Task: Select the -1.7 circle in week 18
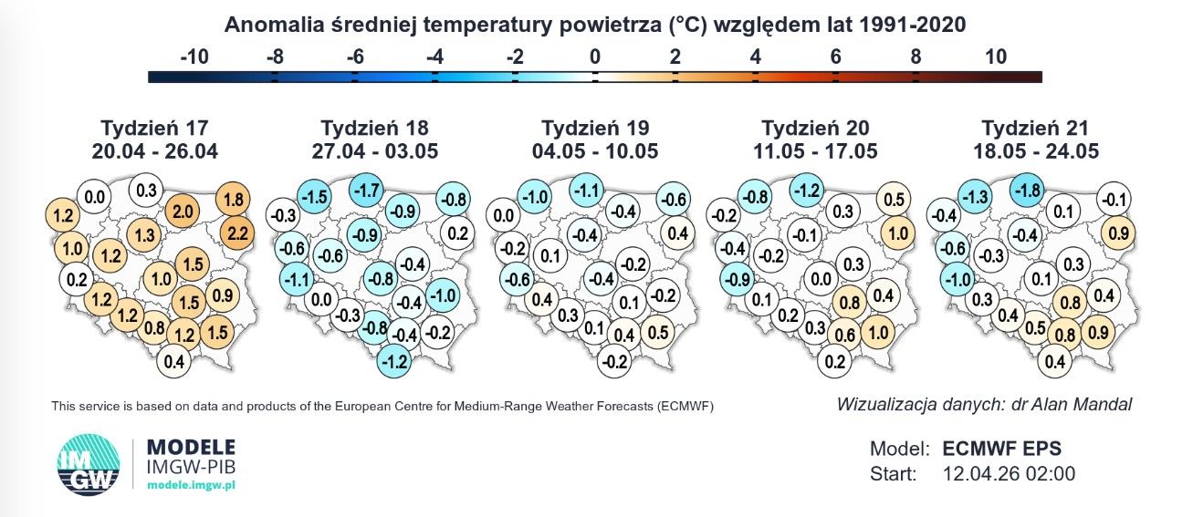pyautogui.click(x=367, y=191)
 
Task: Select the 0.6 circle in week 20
pyautogui.click(x=845, y=336)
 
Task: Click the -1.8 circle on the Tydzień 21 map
pyautogui.click(x=1029, y=191)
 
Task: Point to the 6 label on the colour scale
pyautogui.click(x=835, y=57)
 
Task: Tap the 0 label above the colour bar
pyautogui.click(x=595, y=57)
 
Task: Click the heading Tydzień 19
pyautogui.click(x=595, y=128)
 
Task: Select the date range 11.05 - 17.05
pyautogui.click(x=816, y=150)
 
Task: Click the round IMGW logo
pyautogui.click(x=88, y=467)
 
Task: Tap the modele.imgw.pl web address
pyautogui.click(x=191, y=485)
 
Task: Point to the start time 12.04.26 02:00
pyautogui.click(x=1009, y=474)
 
